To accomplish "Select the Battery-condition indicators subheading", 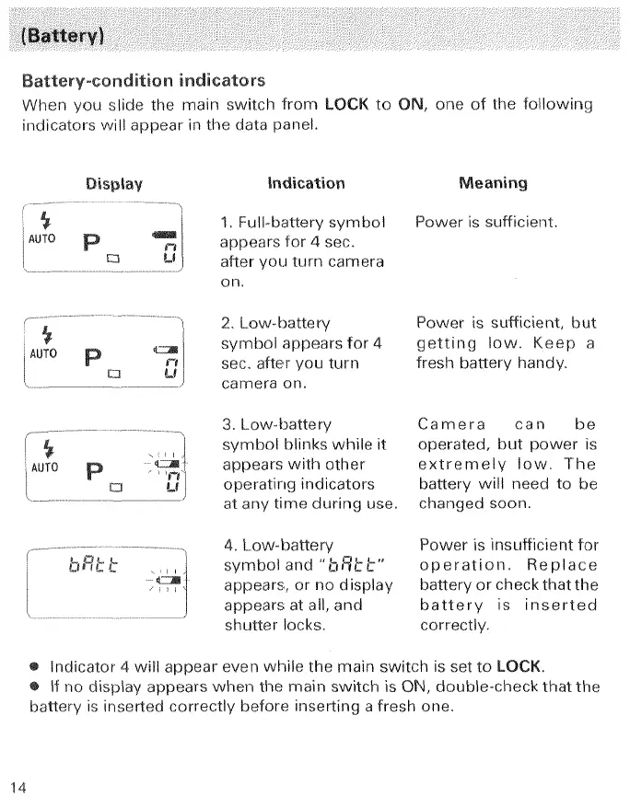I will pos(143,80).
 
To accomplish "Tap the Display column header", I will pos(114,183).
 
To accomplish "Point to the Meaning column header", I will pos(493,183).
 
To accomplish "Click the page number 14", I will pos(19,786).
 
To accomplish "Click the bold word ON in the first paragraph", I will pos(410,103).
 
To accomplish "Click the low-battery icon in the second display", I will pos(168,347).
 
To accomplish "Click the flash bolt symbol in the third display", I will pos(40,449).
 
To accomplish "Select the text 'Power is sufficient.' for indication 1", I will pos(486,222).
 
